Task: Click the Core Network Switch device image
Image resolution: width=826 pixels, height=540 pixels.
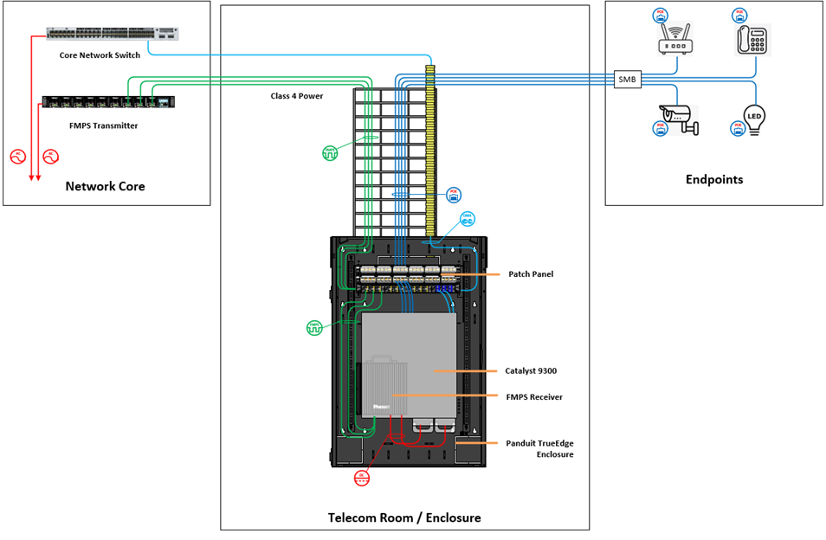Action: click(x=113, y=34)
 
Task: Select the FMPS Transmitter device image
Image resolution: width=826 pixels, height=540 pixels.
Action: click(x=108, y=102)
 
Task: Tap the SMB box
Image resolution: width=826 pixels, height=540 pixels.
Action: click(x=627, y=80)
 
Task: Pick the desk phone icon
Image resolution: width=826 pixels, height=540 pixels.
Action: click(x=753, y=41)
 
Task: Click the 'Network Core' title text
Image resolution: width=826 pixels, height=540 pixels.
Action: click(x=106, y=186)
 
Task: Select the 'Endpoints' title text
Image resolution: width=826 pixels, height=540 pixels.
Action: click(x=714, y=180)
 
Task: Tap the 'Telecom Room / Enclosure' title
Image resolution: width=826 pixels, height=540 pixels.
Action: click(x=404, y=517)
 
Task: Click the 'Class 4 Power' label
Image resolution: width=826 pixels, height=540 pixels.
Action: click(x=296, y=96)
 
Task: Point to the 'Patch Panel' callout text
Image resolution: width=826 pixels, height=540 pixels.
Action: click(x=531, y=274)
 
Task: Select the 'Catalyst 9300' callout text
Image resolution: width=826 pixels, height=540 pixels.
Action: click(x=531, y=370)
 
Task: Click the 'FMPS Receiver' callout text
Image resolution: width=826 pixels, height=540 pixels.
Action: click(x=534, y=397)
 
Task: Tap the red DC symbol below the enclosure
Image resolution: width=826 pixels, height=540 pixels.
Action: click(x=362, y=478)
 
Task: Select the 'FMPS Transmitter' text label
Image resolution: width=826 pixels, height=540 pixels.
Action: click(x=103, y=125)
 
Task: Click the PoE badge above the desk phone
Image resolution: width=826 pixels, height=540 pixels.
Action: click(x=739, y=15)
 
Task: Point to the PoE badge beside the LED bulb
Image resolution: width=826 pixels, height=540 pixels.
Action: click(x=739, y=128)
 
